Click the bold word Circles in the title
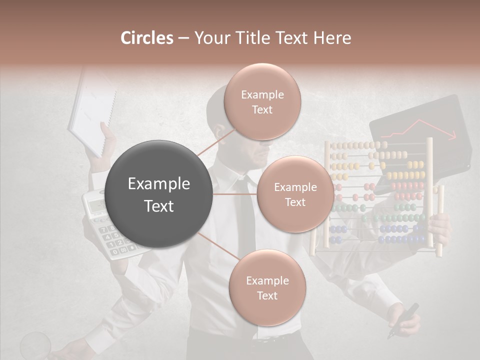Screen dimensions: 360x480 pos(147,38)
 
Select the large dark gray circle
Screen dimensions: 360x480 pos(159,194)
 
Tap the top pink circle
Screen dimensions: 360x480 pos(262,102)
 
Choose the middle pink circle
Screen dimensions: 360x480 pos(295,194)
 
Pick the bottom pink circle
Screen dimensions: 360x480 pos(267,288)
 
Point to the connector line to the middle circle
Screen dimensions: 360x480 pos(235,194)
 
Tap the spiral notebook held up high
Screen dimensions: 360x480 pos(92,112)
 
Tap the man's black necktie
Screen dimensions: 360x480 pos(246,220)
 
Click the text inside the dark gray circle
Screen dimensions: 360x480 pos(159,194)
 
